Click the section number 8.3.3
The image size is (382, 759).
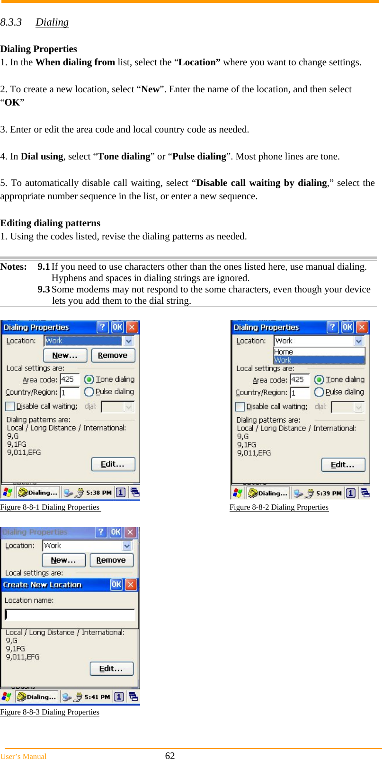click(x=11, y=22)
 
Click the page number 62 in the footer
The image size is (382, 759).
click(x=170, y=756)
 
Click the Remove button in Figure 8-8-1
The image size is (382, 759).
click(x=113, y=355)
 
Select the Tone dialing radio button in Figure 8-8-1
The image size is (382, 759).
click(x=89, y=379)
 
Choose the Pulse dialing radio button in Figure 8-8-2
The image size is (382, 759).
click(x=319, y=392)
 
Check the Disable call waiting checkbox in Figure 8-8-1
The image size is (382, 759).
click(x=10, y=406)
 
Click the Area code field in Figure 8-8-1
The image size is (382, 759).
click(x=69, y=379)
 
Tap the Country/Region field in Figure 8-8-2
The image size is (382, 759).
click(x=300, y=393)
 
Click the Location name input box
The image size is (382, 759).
click(x=70, y=615)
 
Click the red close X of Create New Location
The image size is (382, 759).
click(x=131, y=585)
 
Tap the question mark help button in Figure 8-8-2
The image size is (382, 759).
click(x=333, y=327)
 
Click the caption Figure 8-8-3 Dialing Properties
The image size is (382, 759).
click(x=50, y=712)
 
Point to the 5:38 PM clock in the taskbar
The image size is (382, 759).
click(x=98, y=493)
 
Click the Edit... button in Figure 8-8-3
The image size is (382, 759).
click(x=111, y=669)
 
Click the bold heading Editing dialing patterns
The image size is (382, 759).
click(x=50, y=223)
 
